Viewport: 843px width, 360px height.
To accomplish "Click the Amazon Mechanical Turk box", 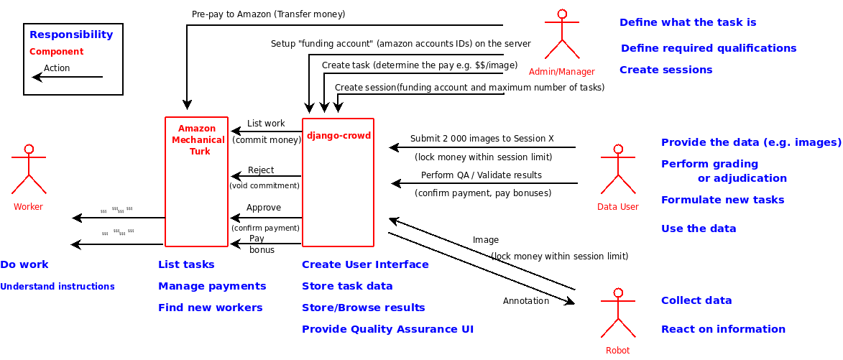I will (196, 182).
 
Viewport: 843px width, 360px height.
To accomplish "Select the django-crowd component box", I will (338, 183).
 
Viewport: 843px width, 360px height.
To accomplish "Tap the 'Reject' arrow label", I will (261, 170).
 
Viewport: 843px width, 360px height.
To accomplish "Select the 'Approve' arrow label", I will (263, 208).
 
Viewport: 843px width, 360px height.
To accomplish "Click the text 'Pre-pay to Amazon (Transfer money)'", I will (268, 14).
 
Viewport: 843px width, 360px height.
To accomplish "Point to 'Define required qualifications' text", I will (709, 48).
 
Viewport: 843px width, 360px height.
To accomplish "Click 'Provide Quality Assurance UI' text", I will (387, 329).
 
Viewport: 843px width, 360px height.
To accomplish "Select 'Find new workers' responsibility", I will (210, 308).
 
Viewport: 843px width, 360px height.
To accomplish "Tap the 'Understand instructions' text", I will (57, 287).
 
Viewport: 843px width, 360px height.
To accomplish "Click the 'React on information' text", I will (723, 329).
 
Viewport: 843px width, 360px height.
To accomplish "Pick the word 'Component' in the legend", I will (56, 52).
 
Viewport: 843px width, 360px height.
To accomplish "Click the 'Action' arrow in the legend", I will (68, 77).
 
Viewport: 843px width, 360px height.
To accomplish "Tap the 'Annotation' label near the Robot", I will (526, 301).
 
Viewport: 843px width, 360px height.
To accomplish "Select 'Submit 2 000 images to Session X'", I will (482, 139).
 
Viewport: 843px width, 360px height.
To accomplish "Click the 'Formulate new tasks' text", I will (722, 200).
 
